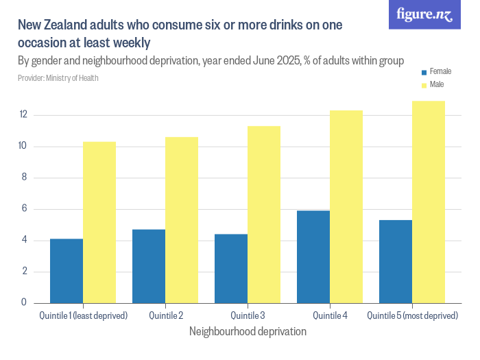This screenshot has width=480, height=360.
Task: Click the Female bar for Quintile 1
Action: (x=67, y=271)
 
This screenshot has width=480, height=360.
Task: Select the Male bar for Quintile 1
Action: (x=99, y=222)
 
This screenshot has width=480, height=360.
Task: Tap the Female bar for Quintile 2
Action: (x=149, y=266)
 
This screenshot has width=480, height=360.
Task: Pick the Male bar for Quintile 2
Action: (x=182, y=219)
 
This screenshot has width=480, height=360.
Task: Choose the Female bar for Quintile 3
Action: (x=231, y=268)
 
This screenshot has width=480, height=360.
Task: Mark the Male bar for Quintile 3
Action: (x=264, y=214)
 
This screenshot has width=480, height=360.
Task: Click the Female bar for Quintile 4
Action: (x=313, y=256)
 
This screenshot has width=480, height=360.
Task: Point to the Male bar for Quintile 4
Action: (x=346, y=206)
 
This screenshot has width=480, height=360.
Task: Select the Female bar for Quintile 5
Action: (x=396, y=261)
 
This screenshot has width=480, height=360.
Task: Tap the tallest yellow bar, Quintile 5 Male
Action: (x=429, y=202)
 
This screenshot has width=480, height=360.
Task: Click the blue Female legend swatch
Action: (x=424, y=72)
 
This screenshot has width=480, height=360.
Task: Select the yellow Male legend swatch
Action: (x=424, y=85)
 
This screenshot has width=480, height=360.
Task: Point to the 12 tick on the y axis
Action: (x=23, y=115)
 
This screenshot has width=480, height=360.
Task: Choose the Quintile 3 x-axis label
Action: (x=248, y=316)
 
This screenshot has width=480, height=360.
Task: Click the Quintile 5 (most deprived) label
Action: (x=412, y=316)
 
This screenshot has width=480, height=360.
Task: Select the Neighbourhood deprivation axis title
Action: (x=247, y=331)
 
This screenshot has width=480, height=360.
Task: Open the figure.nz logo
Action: (x=424, y=14)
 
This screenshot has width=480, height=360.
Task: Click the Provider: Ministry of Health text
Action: (x=58, y=78)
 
